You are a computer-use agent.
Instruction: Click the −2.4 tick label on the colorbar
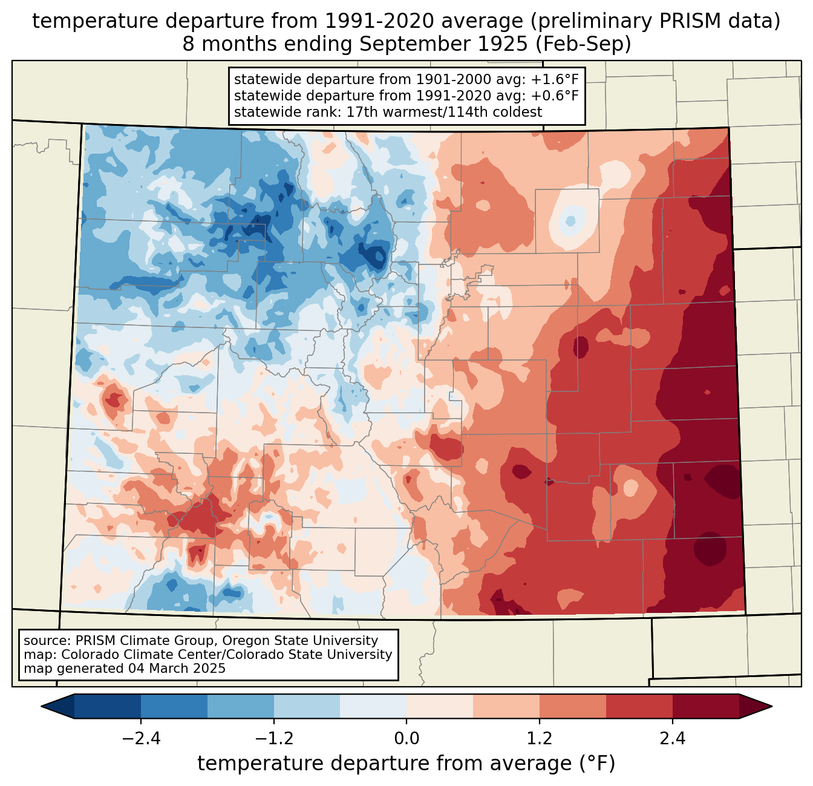[x=141, y=739]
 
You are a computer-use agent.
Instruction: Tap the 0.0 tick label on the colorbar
[x=406, y=739]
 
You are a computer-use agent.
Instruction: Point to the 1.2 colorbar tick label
[x=540, y=739]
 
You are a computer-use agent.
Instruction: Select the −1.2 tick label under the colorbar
[x=274, y=739]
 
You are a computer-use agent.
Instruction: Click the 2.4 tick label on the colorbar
[x=673, y=739]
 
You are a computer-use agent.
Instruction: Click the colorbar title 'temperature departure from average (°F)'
[x=406, y=764]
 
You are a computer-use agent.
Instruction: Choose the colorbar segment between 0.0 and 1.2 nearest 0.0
[x=440, y=706]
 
